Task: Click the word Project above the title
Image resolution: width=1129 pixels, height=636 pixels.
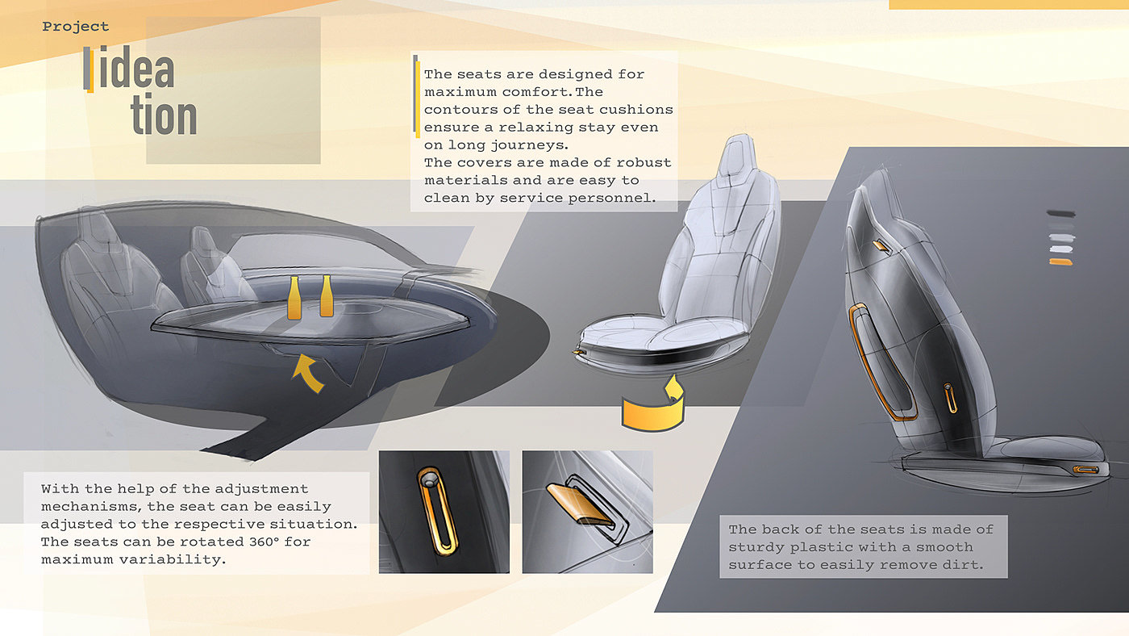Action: click(76, 27)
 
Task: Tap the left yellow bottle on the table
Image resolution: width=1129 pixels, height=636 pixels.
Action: click(294, 298)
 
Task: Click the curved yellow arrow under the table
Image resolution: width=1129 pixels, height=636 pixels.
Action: click(308, 373)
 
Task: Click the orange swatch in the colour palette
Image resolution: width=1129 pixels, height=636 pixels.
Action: click(1060, 262)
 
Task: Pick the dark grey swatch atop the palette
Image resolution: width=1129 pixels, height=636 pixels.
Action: click(1061, 214)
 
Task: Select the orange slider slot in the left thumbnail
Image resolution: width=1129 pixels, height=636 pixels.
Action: click(437, 511)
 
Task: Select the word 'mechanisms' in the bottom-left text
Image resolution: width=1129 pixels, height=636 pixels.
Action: click(87, 506)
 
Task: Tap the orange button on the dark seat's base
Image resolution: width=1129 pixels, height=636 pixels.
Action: click(1085, 470)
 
